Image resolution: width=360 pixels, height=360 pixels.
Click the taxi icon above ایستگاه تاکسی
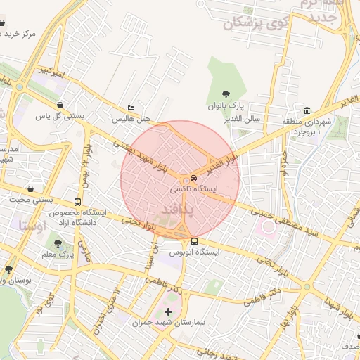click(x=194, y=179)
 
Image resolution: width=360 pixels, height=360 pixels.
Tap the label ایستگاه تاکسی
click(x=195, y=190)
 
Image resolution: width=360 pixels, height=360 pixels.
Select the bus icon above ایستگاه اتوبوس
click(x=194, y=240)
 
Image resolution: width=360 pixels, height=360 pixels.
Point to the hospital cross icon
click(x=167, y=312)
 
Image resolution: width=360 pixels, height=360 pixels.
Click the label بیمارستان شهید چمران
click(x=167, y=323)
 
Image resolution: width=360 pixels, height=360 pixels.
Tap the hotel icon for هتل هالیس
click(x=131, y=108)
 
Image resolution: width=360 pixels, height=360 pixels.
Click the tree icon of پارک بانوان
click(x=226, y=94)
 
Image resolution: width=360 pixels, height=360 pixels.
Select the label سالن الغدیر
click(x=243, y=118)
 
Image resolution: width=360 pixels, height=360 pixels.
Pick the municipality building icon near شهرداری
click(x=307, y=110)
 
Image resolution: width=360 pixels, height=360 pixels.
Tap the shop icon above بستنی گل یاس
click(x=61, y=105)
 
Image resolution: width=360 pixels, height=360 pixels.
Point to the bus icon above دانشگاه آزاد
click(x=77, y=202)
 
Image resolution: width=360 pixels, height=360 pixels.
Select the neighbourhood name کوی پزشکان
click(x=253, y=25)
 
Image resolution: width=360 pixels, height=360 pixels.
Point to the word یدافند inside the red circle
click(x=172, y=210)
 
